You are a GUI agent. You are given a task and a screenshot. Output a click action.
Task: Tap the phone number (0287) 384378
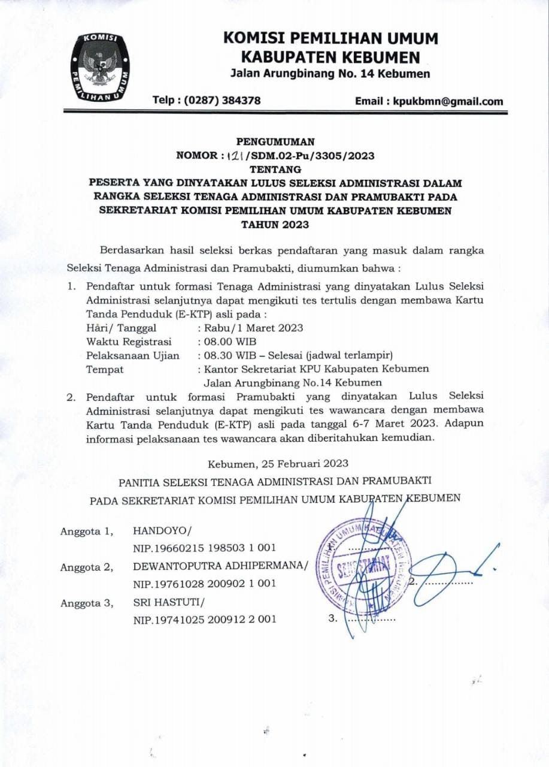click(x=207, y=101)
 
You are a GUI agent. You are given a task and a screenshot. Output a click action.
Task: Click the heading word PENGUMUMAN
click(x=275, y=142)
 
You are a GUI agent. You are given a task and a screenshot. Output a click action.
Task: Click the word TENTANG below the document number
click(x=275, y=170)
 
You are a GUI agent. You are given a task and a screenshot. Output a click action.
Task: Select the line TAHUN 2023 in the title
click(x=275, y=225)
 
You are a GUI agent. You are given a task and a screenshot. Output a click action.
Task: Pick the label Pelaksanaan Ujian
click(x=132, y=355)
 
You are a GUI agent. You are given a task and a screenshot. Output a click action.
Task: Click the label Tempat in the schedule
click(x=105, y=369)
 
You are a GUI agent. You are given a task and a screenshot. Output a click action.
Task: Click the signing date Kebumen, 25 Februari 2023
click(x=278, y=463)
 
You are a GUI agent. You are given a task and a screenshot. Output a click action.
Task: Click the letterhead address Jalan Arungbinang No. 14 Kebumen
click(x=330, y=74)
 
